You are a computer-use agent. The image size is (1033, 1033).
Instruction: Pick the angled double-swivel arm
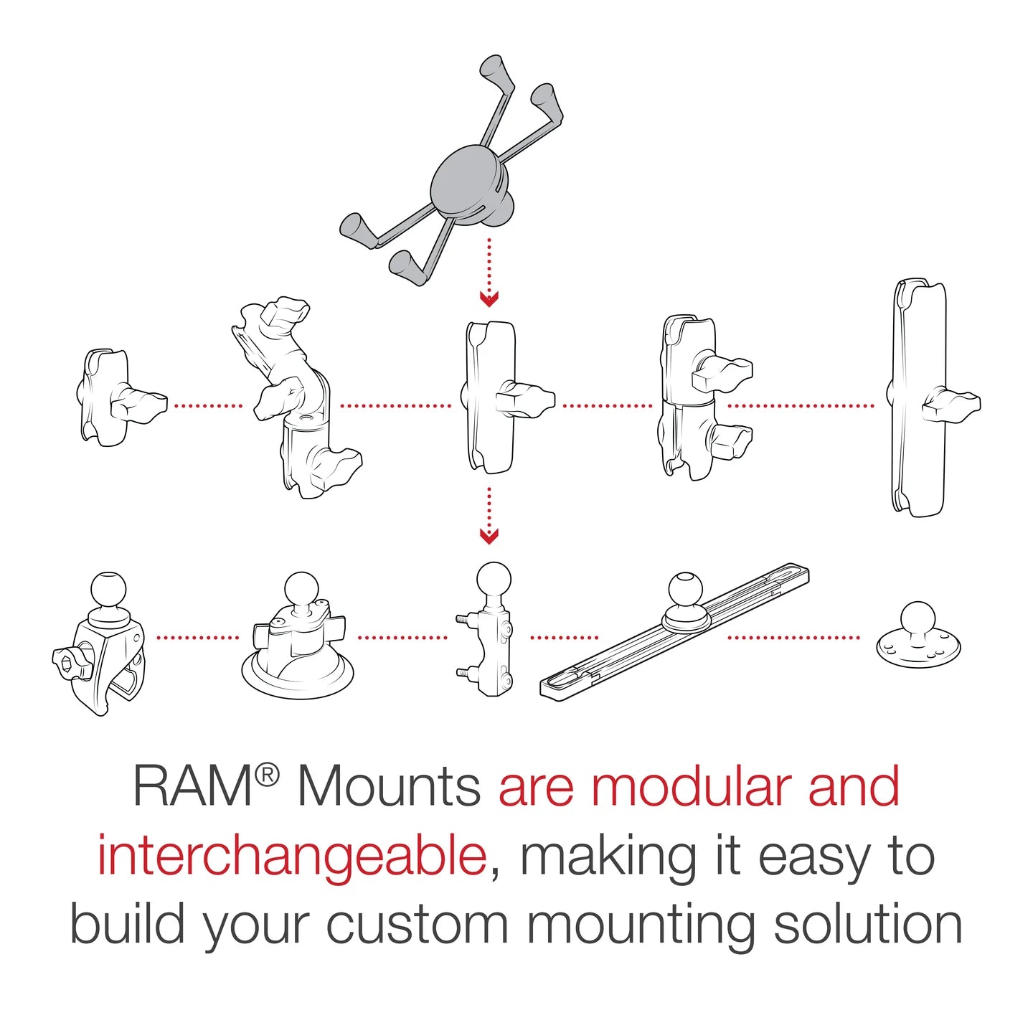pyautogui.click(x=294, y=402)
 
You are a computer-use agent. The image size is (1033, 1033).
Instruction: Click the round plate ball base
pyautogui.click(x=918, y=635)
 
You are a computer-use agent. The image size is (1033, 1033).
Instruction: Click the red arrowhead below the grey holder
pyautogui.click(x=489, y=298)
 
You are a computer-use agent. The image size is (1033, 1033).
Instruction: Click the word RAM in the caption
pyautogui.click(x=192, y=787)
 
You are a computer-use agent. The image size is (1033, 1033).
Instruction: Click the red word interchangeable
pyautogui.click(x=293, y=857)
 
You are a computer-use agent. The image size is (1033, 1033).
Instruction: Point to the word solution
pyautogui.click(x=867, y=925)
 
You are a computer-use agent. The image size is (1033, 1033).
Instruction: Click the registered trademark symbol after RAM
pyautogui.click(x=267, y=775)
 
